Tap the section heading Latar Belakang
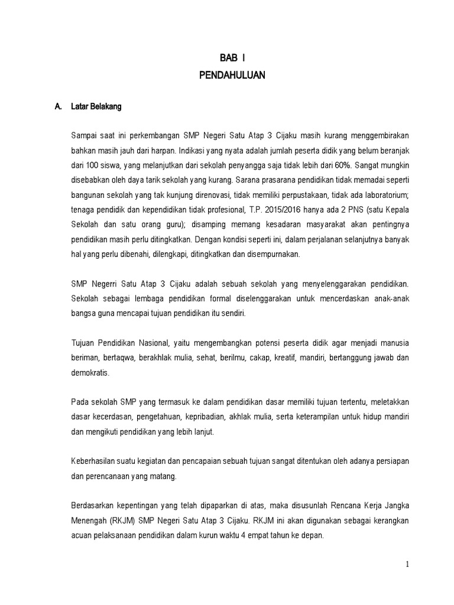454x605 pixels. [96, 107]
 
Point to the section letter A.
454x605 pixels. [58, 107]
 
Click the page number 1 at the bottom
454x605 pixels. [407, 564]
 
